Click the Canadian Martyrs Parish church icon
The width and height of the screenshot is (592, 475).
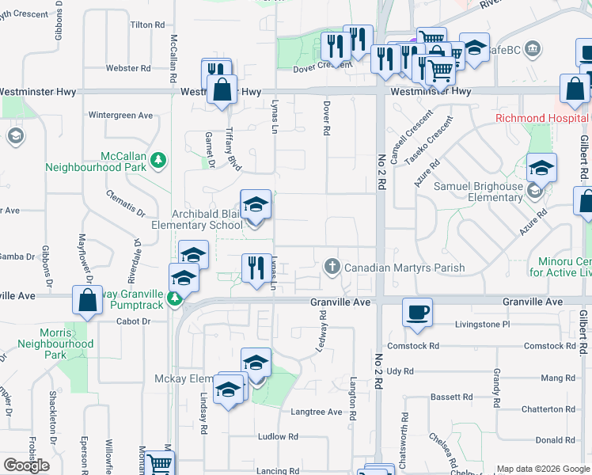[x=332, y=268]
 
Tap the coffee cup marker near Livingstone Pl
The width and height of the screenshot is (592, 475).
[x=417, y=310]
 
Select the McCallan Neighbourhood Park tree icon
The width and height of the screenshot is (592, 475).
[x=159, y=160]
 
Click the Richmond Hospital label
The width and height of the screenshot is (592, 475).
[x=541, y=119]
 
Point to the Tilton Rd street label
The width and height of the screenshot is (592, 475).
[x=146, y=25]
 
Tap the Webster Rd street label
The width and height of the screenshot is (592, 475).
[x=128, y=68]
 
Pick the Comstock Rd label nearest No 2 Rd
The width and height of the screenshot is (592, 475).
[x=413, y=346]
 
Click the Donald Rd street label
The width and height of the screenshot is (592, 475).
[x=548, y=440]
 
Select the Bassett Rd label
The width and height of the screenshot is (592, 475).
[x=450, y=396]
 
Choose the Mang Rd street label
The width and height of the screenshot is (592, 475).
[x=559, y=378]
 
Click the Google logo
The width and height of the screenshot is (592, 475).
[x=26, y=465]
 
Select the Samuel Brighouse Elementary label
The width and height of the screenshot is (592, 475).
[x=477, y=192]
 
